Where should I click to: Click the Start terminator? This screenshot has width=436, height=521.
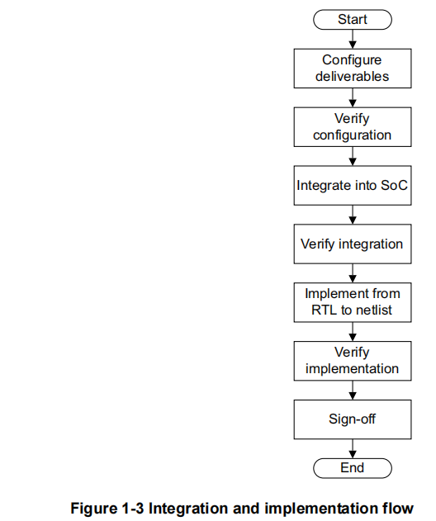pos(352,19)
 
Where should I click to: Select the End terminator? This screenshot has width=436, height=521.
pos(352,467)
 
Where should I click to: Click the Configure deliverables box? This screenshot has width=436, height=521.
pos(352,68)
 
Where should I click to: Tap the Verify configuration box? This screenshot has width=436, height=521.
pos(352,126)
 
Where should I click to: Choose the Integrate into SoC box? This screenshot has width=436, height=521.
pos(352,186)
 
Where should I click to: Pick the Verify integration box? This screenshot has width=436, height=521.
pos(352,244)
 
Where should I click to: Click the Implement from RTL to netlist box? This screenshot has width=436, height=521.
pos(352,302)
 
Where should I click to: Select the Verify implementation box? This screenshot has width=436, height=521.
pos(352,361)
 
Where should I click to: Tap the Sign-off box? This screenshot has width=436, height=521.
pos(352,419)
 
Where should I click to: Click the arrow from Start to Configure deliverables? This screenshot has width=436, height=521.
pos(353,38)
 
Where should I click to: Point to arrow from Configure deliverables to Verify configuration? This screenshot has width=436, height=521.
pos(353,97)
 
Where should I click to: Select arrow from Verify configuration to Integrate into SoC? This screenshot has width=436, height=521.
pos(353,156)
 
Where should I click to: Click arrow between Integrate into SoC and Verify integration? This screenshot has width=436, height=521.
pos(353,215)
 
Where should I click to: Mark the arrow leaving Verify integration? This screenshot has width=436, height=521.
pos(353,272)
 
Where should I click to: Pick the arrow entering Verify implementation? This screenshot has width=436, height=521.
pos(353,331)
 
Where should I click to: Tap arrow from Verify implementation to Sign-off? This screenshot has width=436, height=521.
pos(353,390)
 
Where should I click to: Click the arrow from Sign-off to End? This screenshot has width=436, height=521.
pos(353,448)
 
